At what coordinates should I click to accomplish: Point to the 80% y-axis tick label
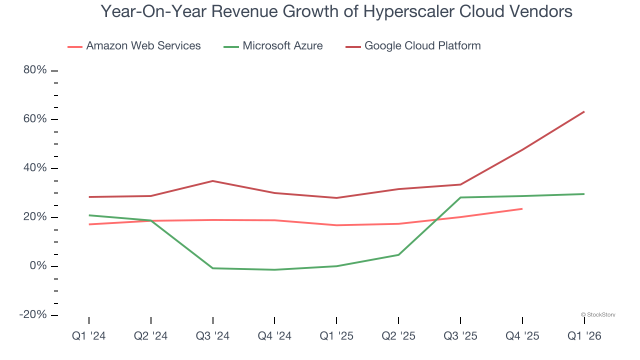pyautogui.click(x=35, y=70)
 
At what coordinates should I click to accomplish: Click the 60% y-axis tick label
pyautogui.click(x=35, y=119)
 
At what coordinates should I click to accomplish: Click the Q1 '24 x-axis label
pyautogui.click(x=89, y=336)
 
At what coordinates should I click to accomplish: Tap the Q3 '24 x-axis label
pyautogui.click(x=213, y=336)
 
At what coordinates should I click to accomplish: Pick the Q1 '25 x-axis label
pyautogui.click(x=336, y=336)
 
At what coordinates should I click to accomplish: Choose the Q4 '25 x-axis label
pyautogui.click(x=522, y=336)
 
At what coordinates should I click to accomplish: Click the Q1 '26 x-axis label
pyautogui.click(x=584, y=336)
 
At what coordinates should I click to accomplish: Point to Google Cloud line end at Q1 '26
pyautogui.click(x=584, y=111)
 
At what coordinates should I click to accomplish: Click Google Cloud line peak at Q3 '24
pyautogui.click(x=213, y=181)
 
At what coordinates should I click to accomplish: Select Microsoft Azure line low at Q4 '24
pyautogui.click(x=274, y=270)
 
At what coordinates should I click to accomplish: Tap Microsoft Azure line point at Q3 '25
pyautogui.click(x=460, y=197)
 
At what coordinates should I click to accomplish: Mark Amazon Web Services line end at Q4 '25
pyautogui.click(x=522, y=208)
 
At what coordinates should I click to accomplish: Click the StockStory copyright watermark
pyautogui.click(x=598, y=315)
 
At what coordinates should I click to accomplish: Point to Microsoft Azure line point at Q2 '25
pyautogui.click(x=398, y=255)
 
